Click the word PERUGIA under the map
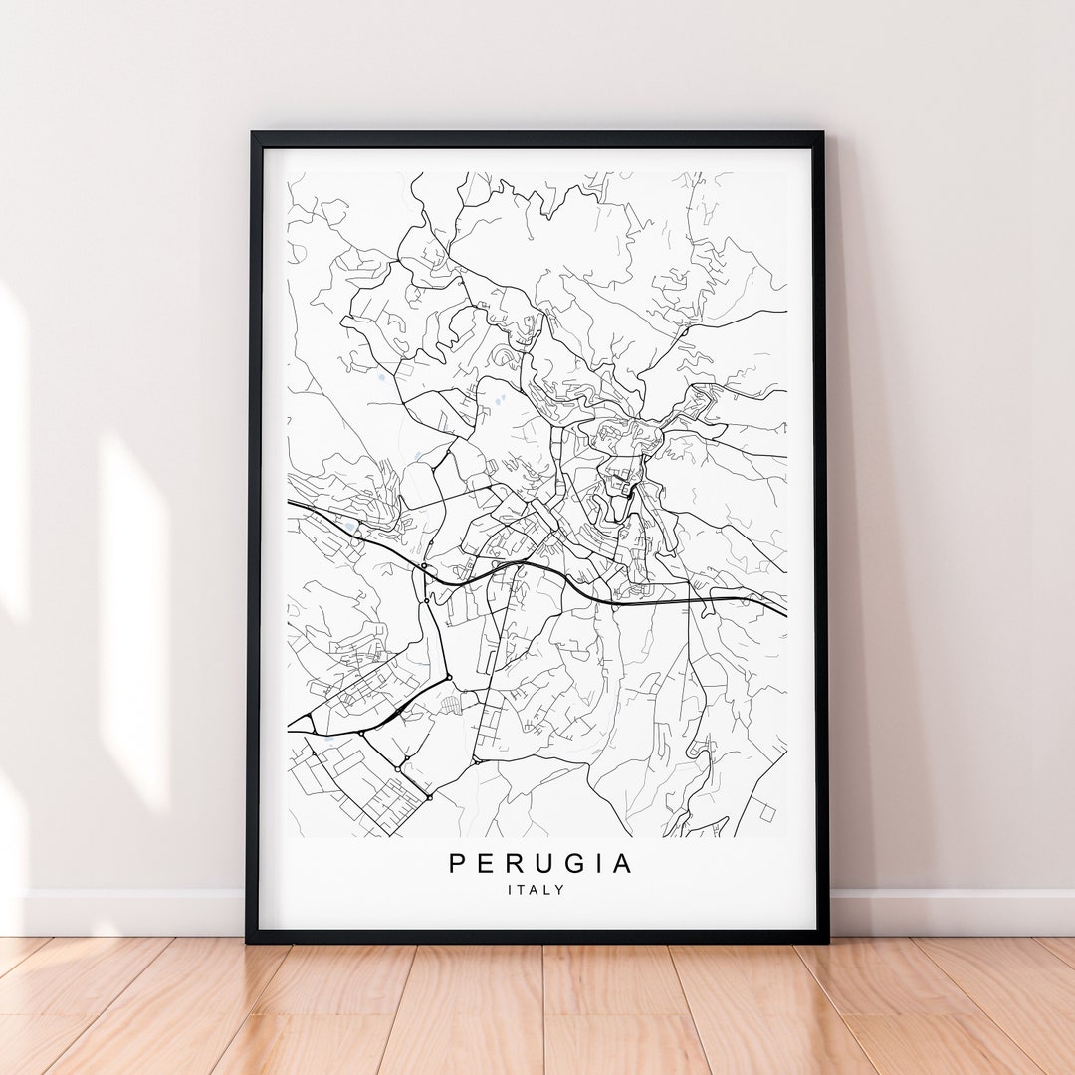point(540,864)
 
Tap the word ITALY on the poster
point(536,890)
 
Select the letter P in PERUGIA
point(457,864)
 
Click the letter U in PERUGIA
point(537,864)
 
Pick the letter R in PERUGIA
point(511,864)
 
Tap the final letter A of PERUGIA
point(622,864)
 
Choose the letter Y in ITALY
point(560,890)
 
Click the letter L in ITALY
point(548,890)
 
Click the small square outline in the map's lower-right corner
point(766,811)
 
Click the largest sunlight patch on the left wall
point(134,617)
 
